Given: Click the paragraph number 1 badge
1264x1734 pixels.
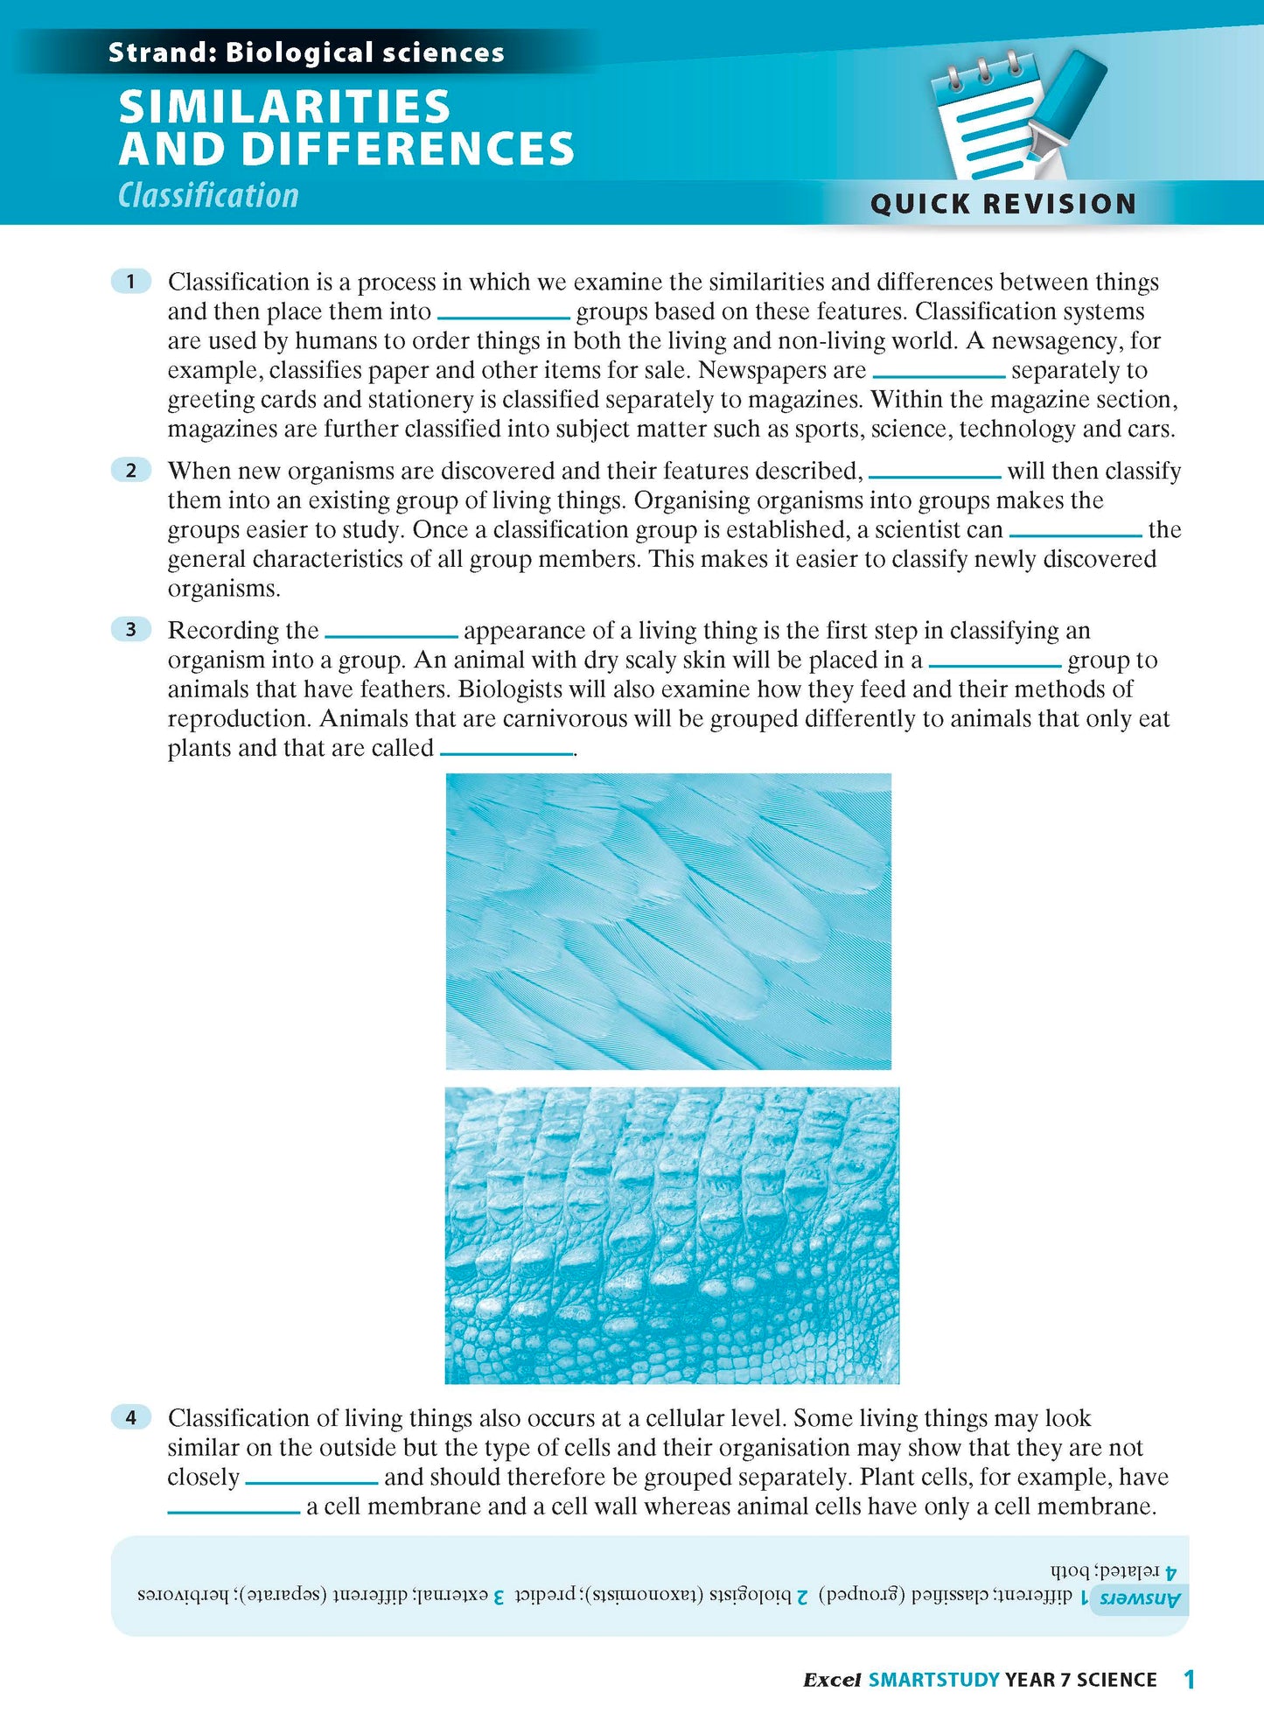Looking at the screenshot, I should [x=131, y=281].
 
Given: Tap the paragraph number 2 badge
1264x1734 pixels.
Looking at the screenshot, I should [x=131, y=471].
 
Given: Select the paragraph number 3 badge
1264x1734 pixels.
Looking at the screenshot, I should [x=131, y=629].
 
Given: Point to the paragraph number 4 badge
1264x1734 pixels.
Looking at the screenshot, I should [x=131, y=1416].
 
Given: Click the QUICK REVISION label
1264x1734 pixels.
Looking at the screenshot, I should [x=1002, y=204].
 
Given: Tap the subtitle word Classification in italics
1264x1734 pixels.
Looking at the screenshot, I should [x=208, y=195].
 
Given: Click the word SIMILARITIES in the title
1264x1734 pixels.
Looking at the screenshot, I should [x=284, y=107].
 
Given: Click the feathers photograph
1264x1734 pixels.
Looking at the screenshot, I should [x=668, y=920].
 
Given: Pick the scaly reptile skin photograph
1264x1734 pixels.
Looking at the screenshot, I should [x=671, y=1234].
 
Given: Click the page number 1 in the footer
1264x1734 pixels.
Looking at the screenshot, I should [x=1189, y=1679].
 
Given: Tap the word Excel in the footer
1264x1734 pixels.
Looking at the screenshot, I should [x=832, y=1680].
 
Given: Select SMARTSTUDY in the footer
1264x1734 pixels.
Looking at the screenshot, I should [x=933, y=1680].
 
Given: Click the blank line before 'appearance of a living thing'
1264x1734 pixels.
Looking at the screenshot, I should [x=391, y=634].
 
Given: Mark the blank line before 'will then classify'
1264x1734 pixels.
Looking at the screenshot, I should [x=934, y=475].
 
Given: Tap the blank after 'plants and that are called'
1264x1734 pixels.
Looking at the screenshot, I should [x=506, y=752].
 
